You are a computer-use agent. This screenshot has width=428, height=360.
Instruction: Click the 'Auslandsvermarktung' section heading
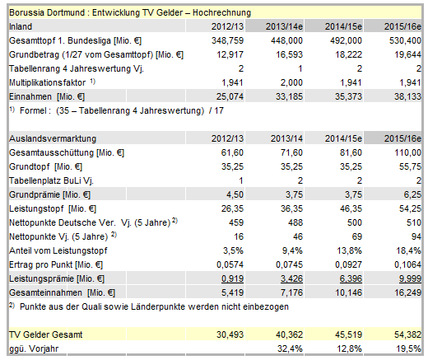[x=52, y=138]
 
